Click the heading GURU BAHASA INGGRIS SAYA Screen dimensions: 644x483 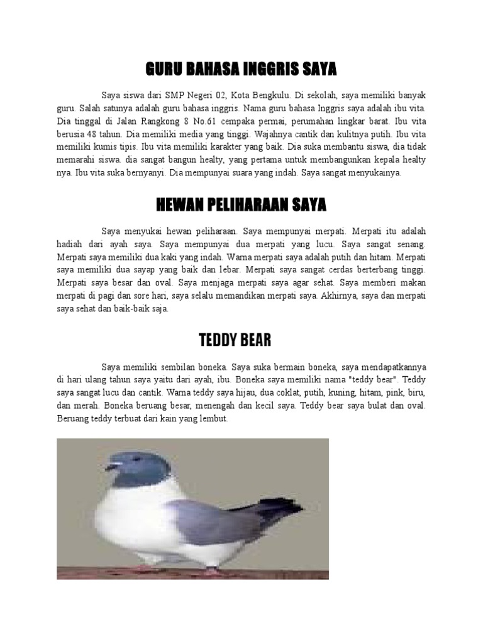click(241, 68)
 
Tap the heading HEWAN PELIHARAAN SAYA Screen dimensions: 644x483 click(241, 204)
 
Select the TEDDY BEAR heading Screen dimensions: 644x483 click(235, 340)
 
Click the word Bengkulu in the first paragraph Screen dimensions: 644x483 click(269, 96)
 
